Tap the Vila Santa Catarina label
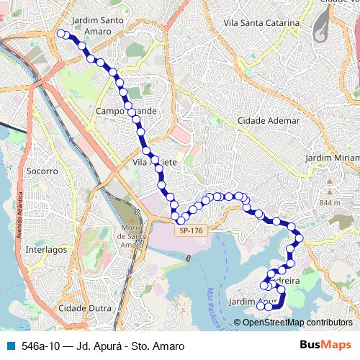261,23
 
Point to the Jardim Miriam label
332,158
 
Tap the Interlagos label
45,249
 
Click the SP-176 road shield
191,230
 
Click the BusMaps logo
325,346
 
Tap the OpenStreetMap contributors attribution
297,323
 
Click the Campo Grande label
126,112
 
